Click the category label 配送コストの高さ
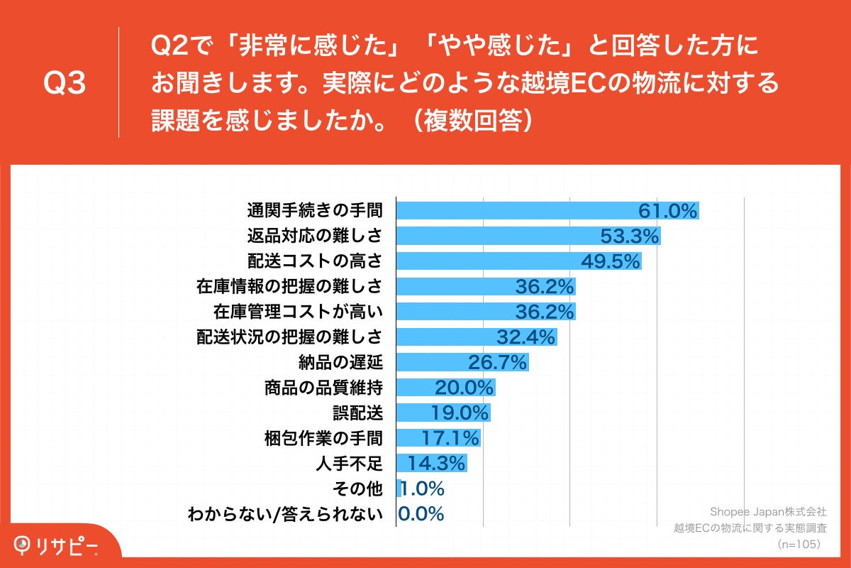pos(314,261)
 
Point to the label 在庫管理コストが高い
pos(298,312)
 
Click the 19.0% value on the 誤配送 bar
pos(460,413)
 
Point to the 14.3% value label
pos(436,464)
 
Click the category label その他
pos(359,488)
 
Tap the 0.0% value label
pos(421,514)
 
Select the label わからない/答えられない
pos(284,514)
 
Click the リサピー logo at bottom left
pos(57,545)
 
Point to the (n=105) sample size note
pos(799,544)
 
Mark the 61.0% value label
pos(668,210)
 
